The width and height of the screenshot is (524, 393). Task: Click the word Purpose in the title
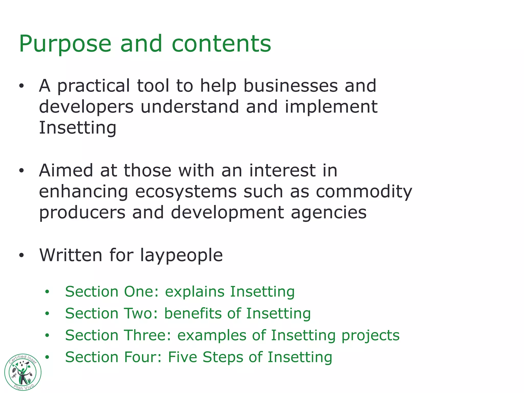click(x=65, y=44)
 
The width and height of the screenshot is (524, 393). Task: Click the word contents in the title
click(x=221, y=44)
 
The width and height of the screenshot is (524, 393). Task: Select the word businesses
click(x=290, y=86)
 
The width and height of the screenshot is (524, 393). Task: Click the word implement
click(x=331, y=107)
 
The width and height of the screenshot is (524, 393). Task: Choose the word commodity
click(x=364, y=192)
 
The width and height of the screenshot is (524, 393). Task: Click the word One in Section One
click(x=141, y=292)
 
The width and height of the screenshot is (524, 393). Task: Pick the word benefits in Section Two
click(x=194, y=313)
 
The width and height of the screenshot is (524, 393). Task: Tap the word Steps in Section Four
click(x=223, y=357)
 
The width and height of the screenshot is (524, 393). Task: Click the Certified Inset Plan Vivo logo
click(x=23, y=372)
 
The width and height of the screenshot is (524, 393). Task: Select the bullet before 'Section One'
click(x=47, y=292)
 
